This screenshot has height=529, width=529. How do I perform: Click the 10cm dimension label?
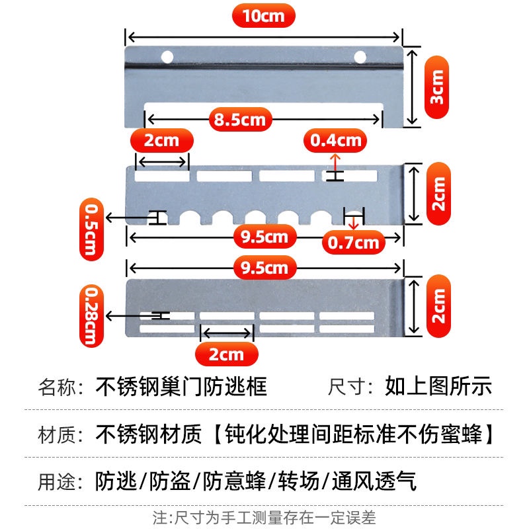coord(263,17)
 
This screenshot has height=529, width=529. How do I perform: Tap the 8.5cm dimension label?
coord(239,120)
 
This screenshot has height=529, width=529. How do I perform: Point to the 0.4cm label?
coord(336,140)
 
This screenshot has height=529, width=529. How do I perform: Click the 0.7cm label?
coord(354,242)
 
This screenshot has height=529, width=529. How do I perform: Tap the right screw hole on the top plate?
coord(360,57)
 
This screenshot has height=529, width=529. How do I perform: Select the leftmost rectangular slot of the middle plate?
coord(162,177)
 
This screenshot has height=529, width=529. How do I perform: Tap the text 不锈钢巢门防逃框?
coord(182,386)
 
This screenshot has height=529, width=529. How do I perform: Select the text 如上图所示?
coord(438,386)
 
